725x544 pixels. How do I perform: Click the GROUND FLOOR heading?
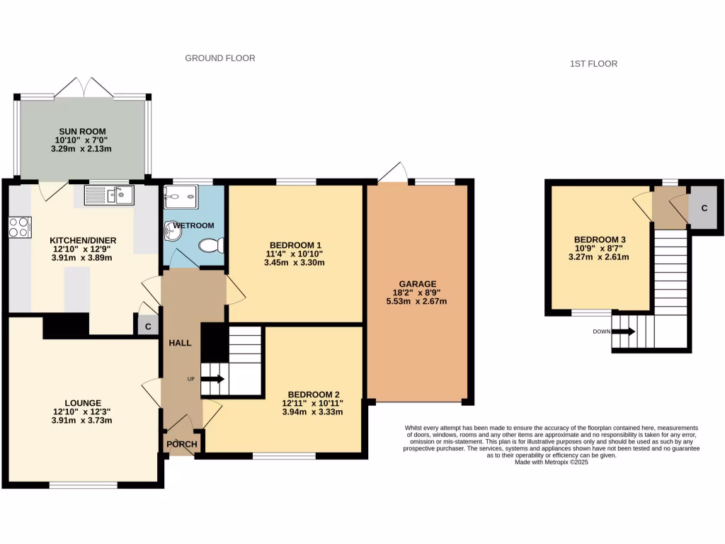click(220, 58)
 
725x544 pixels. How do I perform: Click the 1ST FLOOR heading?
click(593, 64)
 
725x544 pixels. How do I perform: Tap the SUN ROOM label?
click(82, 131)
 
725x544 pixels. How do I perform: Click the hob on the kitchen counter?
click(20, 227)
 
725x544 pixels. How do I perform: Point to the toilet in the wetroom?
click(211, 245)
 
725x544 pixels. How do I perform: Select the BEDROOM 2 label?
click(313, 395)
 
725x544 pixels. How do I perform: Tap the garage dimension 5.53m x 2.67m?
click(417, 301)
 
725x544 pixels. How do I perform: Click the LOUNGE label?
click(81, 402)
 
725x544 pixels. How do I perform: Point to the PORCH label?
click(182, 444)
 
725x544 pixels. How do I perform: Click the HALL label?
click(180, 343)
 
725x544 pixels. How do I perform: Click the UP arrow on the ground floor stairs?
click(212, 380)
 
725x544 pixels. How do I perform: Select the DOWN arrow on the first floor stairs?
click(624, 331)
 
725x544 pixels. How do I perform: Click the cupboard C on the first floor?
click(704, 208)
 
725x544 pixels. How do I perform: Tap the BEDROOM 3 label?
click(600, 239)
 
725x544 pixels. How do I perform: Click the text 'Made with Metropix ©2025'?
click(552, 462)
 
